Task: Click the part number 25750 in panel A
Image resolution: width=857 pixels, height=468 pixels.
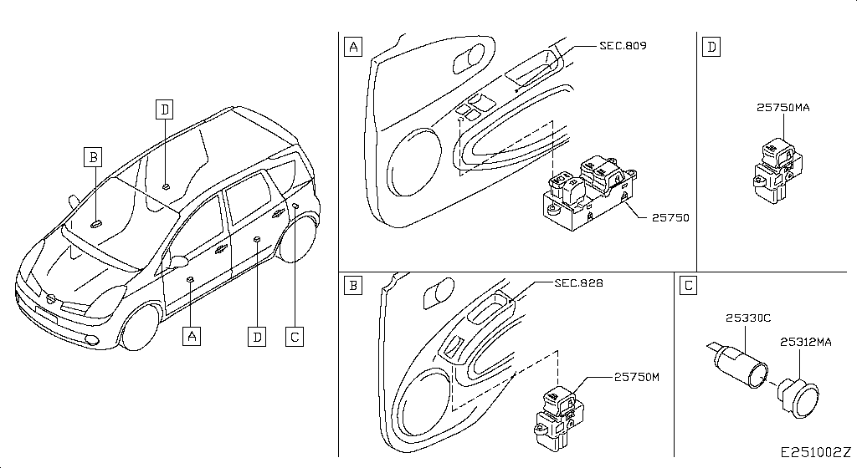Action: [670, 217]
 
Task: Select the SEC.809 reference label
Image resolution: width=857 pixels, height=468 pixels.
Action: [623, 46]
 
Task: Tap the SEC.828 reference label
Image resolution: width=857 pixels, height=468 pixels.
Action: [579, 283]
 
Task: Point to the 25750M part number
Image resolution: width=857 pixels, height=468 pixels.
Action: [637, 377]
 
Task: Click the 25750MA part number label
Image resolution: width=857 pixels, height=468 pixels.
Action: [783, 108]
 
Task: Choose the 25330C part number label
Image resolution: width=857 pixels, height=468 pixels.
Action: [748, 318]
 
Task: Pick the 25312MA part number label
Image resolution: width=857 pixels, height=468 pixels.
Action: [806, 342]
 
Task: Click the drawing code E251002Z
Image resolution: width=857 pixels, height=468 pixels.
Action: [815, 453]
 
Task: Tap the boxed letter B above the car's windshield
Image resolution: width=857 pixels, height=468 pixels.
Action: [94, 157]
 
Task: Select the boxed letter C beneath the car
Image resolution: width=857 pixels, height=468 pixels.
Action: [295, 337]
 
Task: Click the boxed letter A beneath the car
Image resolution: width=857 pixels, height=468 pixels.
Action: [192, 336]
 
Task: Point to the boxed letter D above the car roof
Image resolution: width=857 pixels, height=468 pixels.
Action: [164, 109]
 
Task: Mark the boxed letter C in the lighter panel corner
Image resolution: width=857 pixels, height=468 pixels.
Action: [688, 285]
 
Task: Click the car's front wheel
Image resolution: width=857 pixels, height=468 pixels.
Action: [140, 328]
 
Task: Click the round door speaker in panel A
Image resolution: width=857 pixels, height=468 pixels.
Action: [413, 162]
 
